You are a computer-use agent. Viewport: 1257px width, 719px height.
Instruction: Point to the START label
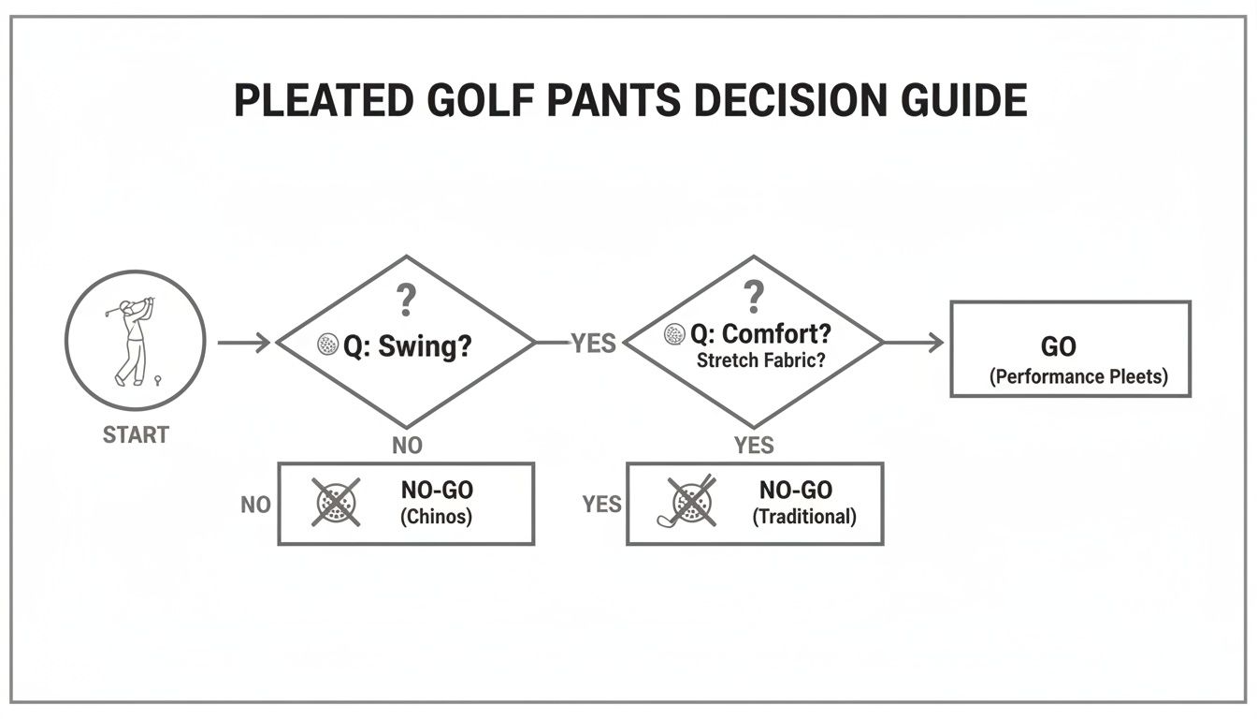pos(136,435)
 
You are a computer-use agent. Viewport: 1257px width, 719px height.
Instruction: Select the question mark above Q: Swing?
pos(405,301)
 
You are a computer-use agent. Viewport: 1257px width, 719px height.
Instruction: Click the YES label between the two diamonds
pos(594,344)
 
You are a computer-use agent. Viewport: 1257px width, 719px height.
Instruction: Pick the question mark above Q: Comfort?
pos(754,297)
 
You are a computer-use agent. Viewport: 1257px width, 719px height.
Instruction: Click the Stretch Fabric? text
pos(761,359)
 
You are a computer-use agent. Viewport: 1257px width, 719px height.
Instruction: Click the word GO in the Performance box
pos(1058,346)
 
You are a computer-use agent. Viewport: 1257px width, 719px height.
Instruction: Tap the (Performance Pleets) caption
pos(1077,378)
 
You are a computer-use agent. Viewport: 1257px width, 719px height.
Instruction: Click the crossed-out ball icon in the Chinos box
pos(336,503)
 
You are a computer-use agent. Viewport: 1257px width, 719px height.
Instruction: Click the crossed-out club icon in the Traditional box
pos(689,502)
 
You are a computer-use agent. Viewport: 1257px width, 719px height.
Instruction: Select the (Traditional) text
pos(804,516)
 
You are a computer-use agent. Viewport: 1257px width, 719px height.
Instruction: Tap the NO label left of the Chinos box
pos(255,505)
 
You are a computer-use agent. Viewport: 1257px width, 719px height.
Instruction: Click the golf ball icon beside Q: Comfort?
pos(673,334)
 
